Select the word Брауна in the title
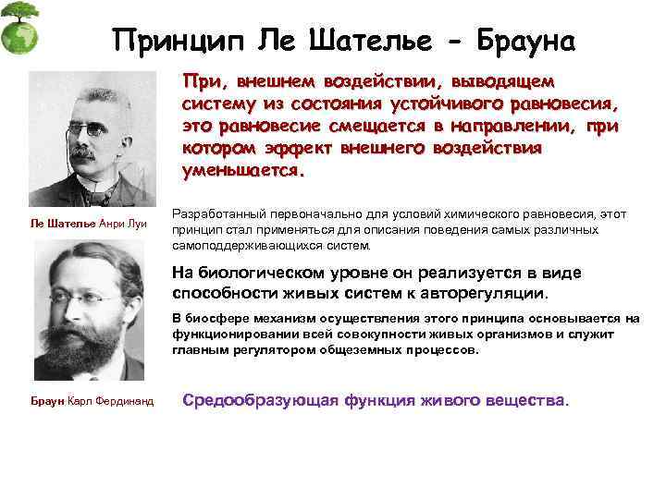pos(523,41)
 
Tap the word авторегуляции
pos(481,293)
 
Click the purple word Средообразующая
pos(262,401)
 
